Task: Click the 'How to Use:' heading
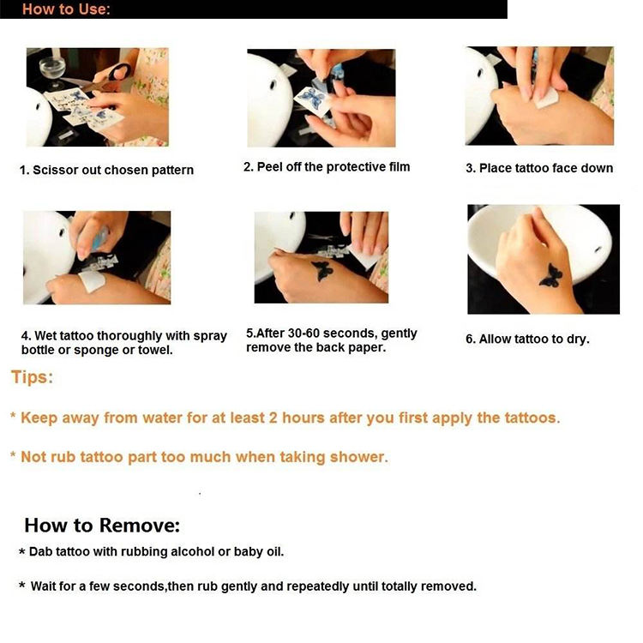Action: (66, 9)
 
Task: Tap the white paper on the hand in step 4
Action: (93, 281)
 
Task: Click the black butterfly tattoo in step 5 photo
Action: (322, 270)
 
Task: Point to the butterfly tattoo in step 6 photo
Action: (550, 276)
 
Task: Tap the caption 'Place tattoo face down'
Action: (546, 168)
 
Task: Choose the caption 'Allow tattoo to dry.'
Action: (527, 340)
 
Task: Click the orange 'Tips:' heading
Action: (32, 377)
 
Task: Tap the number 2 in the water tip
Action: (273, 418)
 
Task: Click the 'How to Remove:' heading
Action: (102, 526)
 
